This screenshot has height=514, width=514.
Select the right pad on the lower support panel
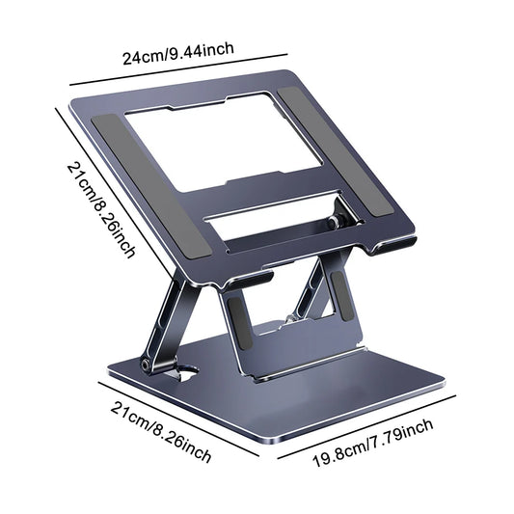337,290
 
